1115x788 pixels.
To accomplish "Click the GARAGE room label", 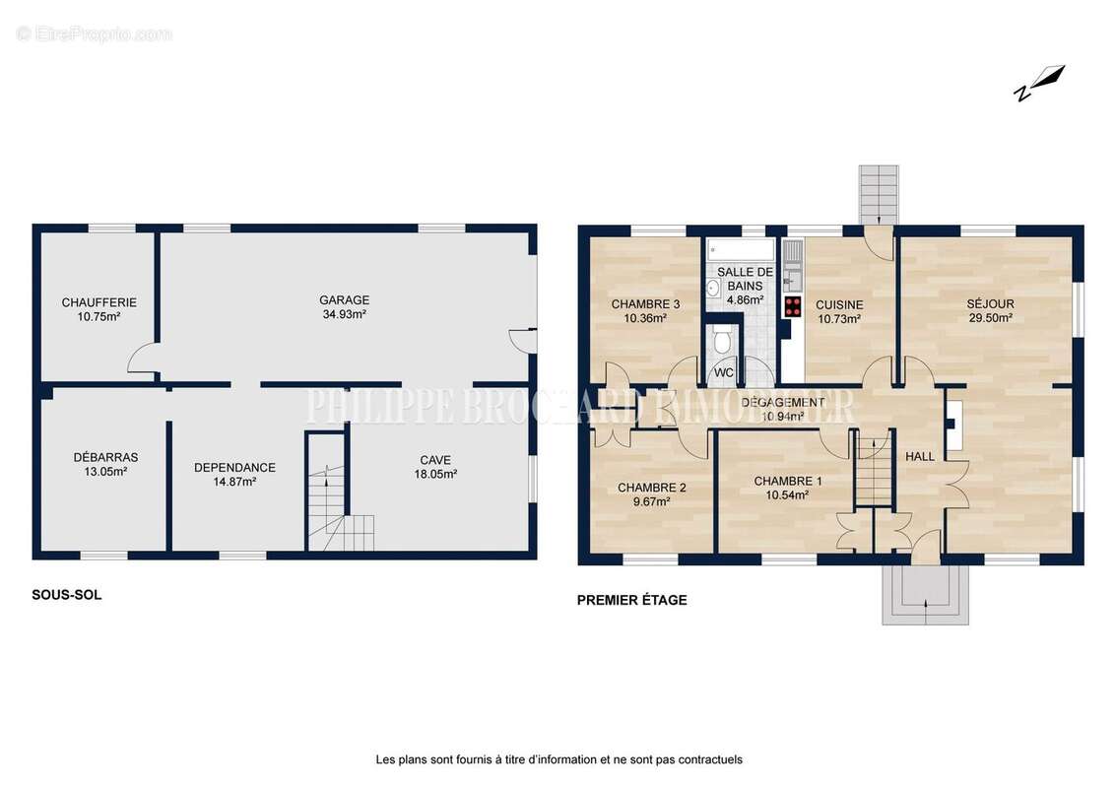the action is click(x=344, y=300).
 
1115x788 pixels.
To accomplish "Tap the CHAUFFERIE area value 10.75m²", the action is click(x=98, y=317).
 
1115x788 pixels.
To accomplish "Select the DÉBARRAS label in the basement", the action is click(x=106, y=457).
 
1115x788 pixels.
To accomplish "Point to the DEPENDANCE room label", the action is click(x=234, y=467).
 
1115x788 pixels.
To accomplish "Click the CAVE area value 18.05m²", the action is click(x=435, y=474).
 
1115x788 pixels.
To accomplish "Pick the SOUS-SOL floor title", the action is click(x=67, y=595).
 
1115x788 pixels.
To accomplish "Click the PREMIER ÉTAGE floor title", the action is click(x=632, y=600).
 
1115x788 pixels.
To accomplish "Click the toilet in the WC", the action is click(x=723, y=341).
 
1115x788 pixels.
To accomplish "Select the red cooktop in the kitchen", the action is click(x=793, y=307).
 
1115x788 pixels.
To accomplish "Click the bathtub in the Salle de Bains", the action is click(x=741, y=250).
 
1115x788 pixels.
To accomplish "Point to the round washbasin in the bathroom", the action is click(x=714, y=288).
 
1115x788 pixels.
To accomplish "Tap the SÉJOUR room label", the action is click(x=991, y=304).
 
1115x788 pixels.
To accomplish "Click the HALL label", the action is click(x=920, y=457).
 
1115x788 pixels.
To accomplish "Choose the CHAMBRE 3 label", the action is click(x=646, y=304).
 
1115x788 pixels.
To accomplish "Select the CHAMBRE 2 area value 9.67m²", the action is click(x=652, y=501).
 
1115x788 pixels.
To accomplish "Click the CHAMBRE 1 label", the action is click(x=788, y=482).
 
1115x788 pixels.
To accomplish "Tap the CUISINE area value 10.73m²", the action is click(x=839, y=319).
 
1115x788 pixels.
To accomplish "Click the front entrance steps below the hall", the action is click(x=925, y=595).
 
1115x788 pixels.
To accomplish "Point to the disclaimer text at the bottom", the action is click(x=558, y=759).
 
